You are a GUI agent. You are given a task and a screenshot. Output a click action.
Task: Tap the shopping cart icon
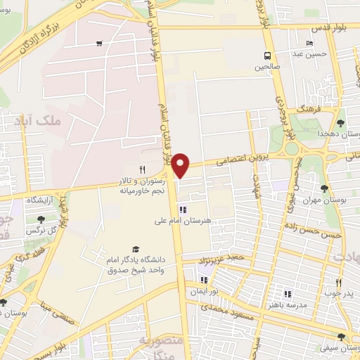click(x=99, y=44)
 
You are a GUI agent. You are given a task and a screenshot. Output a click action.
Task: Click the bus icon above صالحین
click(x=267, y=56)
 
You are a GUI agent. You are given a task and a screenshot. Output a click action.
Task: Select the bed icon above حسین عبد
click(x=310, y=44)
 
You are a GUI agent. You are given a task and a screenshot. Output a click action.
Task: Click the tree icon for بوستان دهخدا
click(x=340, y=123)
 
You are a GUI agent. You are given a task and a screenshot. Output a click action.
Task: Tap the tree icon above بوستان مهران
click(x=323, y=188)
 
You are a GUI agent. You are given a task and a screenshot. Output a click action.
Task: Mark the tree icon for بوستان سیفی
click(x=340, y=337)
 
